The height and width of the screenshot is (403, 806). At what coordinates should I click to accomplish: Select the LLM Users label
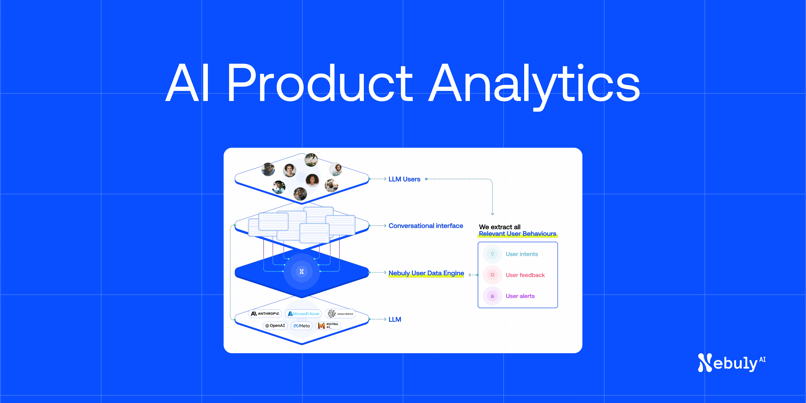[x=404, y=179]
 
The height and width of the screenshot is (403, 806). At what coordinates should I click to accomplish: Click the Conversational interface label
[x=426, y=226]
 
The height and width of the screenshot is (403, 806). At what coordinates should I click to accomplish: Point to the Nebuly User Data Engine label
[x=426, y=273]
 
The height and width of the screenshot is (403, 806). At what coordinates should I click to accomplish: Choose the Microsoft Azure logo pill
[x=304, y=314]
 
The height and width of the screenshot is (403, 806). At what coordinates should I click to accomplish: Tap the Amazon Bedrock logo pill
[x=340, y=314]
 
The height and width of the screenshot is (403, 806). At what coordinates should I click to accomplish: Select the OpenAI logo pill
[x=275, y=326]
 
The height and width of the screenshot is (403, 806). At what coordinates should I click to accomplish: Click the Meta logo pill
[x=302, y=326]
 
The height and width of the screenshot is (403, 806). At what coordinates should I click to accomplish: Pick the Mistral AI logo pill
[x=328, y=326]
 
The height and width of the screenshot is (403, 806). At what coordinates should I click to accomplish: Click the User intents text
[x=522, y=254]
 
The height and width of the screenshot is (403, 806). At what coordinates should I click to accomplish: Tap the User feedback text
[x=525, y=275]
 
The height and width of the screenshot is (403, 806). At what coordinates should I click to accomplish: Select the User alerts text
[x=520, y=296]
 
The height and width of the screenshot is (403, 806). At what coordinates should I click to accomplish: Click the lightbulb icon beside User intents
[x=492, y=254]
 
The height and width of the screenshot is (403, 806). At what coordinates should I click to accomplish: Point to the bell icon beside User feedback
[x=492, y=275]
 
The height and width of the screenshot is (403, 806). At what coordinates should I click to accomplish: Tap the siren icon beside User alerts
[x=492, y=296]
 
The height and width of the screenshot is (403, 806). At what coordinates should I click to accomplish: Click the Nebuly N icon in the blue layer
[x=302, y=272]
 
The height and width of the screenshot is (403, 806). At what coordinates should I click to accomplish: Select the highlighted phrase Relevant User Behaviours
[x=518, y=234]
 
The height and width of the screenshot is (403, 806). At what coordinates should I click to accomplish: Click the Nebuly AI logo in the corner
[x=731, y=363]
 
